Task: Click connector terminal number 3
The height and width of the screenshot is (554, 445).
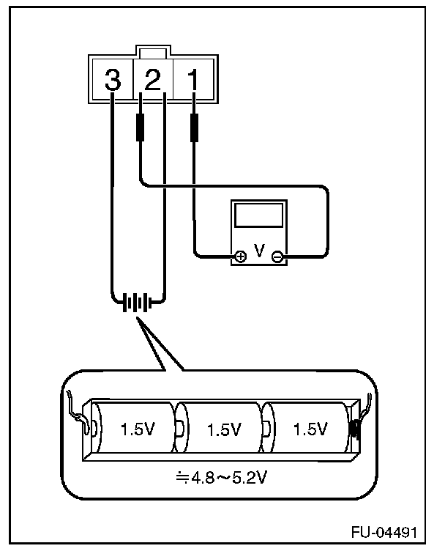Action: (x=112, y=79)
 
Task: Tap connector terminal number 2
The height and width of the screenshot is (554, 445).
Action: (x=152, y=79)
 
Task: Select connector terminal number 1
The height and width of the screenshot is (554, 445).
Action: (x=193, y=79)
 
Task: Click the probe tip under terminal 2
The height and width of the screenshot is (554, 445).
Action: (x=139, y=128)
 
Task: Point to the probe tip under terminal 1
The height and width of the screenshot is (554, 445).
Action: (x=194, y=128)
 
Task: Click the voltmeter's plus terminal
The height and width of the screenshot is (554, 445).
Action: (x=240, y=256)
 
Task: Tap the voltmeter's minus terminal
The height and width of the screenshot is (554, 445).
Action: (x=277, y=256)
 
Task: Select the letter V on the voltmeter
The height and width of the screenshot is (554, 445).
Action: (x=258, y=251)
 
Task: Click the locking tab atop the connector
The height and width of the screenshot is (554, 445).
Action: (x=152, y=53)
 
